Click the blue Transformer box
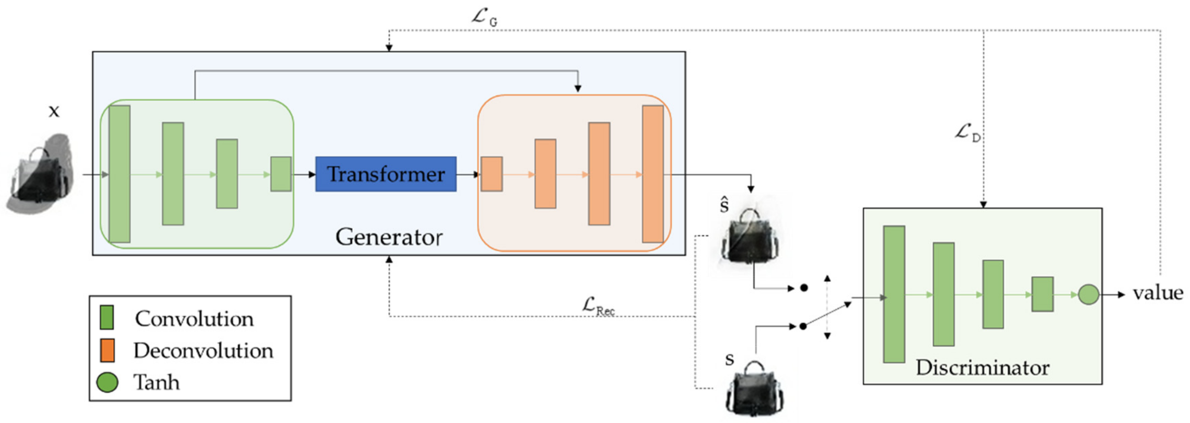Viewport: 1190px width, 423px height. tap(386, 174)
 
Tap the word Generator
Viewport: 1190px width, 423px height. tap(388, 237)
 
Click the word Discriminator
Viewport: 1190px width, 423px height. tap(982, 368)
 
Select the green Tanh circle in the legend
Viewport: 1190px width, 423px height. tap(107, 382)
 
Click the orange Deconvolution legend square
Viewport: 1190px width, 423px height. tap(107, 350)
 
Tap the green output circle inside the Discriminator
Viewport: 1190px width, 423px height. tap(1088, 295)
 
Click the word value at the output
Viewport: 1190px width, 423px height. tap(1158, 293)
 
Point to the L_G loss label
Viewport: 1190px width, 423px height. tap(484, 18)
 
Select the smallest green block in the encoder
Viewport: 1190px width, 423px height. tap(281, 174)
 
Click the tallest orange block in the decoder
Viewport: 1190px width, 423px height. tap(653, 174)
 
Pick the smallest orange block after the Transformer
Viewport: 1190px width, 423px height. tap(492, 174)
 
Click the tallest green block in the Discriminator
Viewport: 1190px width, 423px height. tap(894, 294)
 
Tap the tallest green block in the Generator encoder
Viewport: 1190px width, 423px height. tap(120, 174)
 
